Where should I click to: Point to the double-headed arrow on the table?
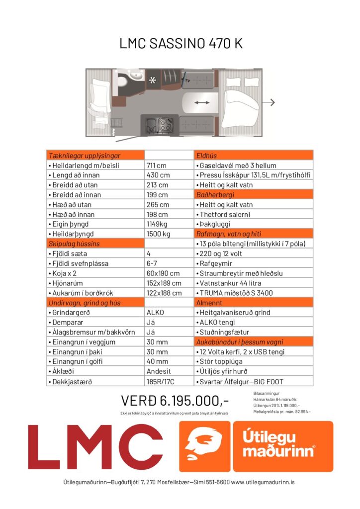click(x=201, y=102)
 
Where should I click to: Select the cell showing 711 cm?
click(x=156, y=166)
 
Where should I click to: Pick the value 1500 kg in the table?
click(x=159, y=234)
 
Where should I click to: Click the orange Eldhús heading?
click(x=207, y=156)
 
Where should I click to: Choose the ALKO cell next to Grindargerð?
click(x=155, y=312)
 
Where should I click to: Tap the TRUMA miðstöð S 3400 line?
click(x=236, y=293)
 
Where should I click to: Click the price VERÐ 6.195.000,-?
click(x=175, y=400)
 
